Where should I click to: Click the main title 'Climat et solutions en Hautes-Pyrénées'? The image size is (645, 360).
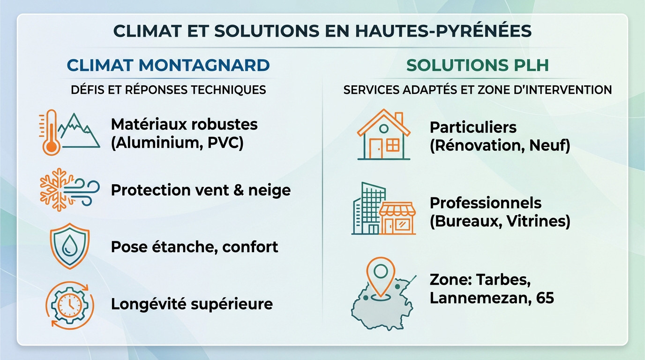click(x=322, y=31)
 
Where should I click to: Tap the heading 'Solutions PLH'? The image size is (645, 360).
click(x=477, y=66)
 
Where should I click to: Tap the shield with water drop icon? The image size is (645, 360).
click(x=69, y=246)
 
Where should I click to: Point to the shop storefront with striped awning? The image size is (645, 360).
click(x=397, y=218)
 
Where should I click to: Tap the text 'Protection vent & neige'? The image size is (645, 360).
click(x=201, y=190)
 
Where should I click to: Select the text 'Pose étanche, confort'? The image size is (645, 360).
click(x=195, y=247)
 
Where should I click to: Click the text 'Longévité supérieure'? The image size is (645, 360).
click(x=192, y=304)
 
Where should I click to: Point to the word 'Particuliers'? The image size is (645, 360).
click(x=473, y=127)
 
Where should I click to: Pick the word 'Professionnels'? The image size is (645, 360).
click(x=485, y=202)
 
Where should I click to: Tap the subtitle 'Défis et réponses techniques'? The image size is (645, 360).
click(x=168, y=89)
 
